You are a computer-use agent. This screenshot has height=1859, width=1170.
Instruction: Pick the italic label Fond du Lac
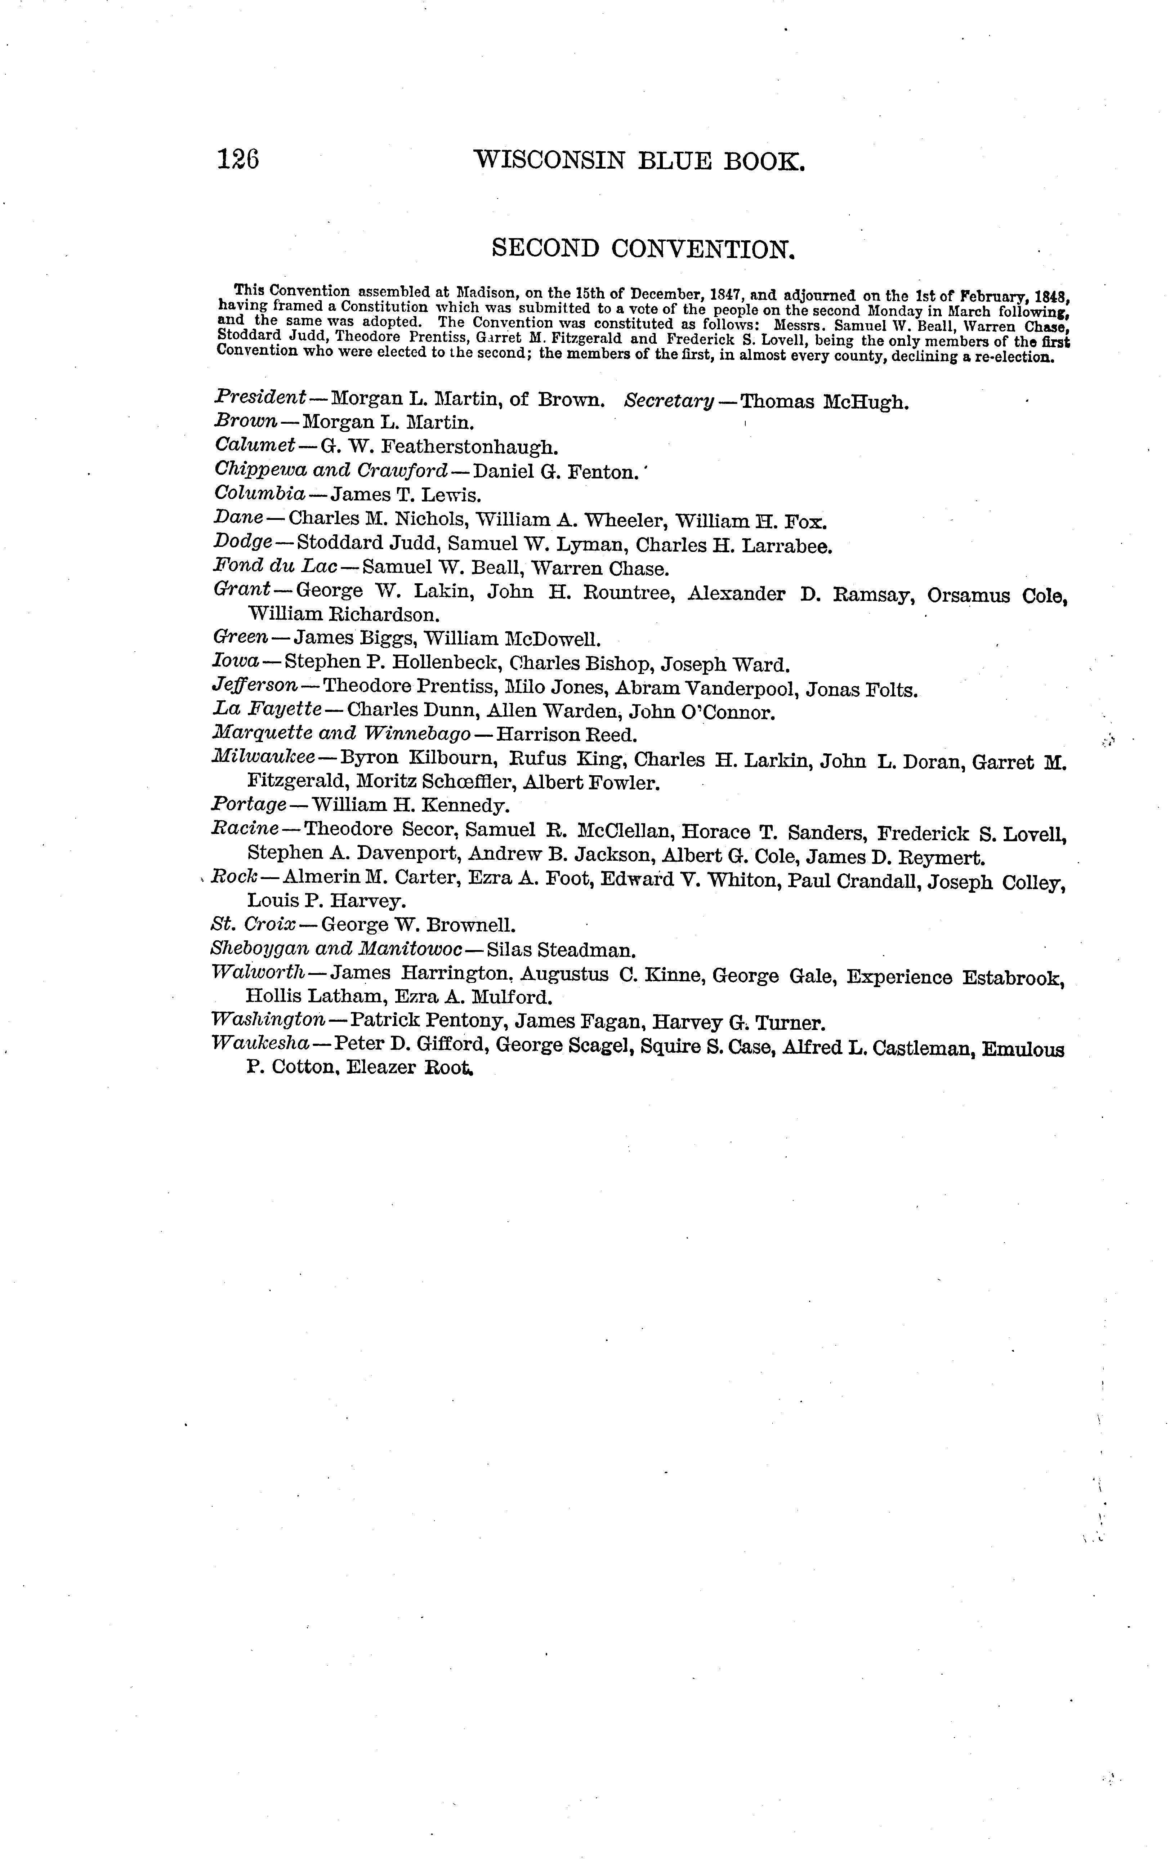[x=275, y=567]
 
